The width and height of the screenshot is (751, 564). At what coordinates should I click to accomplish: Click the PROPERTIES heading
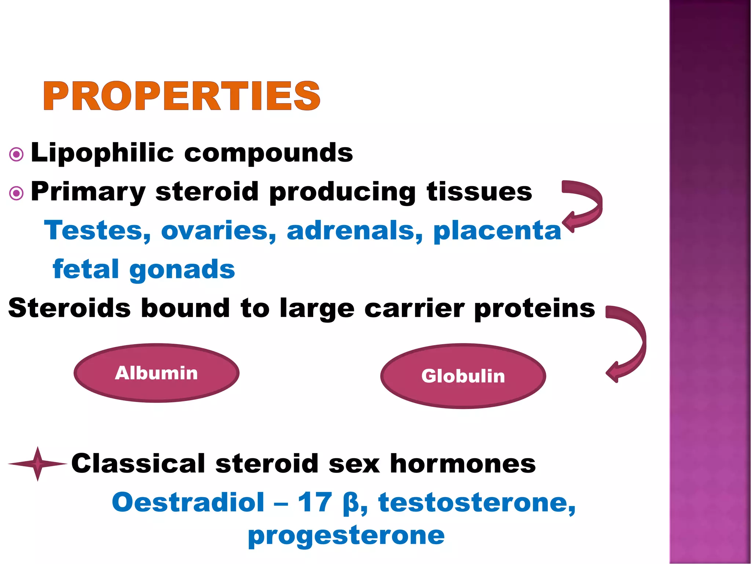(x=182, y=96)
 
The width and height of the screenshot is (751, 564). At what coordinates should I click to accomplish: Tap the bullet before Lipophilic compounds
(x=16, y=154)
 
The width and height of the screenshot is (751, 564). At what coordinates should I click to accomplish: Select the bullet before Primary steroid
(x=16, y=193)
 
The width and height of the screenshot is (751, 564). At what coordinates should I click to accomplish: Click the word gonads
(x=182, y=270)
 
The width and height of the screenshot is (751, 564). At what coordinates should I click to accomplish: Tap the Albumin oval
(x=157, y=373)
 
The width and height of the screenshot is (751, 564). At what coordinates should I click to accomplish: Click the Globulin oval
(x=463, y=376)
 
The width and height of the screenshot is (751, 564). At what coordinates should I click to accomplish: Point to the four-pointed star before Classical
(x=37, y=464)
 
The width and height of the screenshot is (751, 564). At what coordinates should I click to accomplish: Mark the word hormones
(x=462, y=463)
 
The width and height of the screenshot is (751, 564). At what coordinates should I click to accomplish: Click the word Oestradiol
(x=188, y=502)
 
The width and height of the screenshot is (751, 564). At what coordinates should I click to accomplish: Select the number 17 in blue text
(x=315, y=502)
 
